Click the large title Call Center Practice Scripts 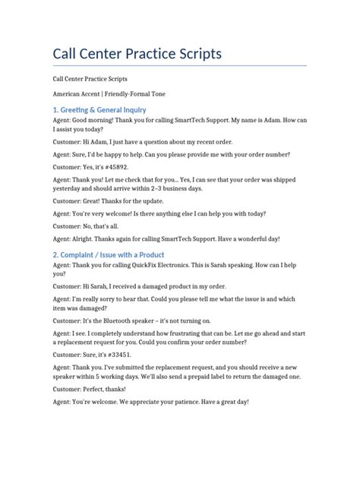(x=137, y=55)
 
